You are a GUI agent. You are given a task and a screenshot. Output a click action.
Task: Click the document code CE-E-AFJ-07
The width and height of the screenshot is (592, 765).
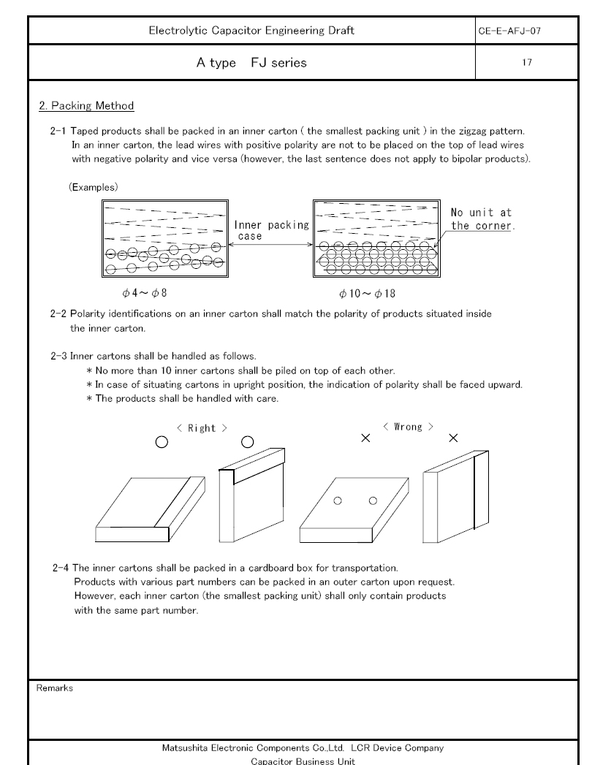(509, 31)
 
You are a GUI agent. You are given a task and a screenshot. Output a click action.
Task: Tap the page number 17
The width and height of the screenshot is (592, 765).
(527, 62)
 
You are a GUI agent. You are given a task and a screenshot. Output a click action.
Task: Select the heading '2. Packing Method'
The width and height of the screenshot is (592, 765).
(86, 106)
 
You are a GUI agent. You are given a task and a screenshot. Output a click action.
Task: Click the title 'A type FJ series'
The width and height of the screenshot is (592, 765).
(251, 63)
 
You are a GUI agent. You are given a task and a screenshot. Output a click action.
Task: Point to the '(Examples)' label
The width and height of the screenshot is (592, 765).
(94, 187)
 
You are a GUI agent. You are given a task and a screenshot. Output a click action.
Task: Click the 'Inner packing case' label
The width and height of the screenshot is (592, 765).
(271, 230)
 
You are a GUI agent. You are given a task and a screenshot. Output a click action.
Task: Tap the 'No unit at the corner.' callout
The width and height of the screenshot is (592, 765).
(482, 219)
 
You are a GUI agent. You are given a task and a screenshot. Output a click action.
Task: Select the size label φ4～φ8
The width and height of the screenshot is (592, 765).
(145, 293)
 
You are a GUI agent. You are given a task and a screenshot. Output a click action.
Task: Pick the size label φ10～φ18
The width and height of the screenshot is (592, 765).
(367, 293)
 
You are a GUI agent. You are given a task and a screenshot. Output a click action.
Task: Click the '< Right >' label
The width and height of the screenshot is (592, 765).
(202, 428)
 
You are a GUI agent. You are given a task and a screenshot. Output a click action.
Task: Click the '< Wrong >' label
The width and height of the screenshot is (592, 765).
(408, 427)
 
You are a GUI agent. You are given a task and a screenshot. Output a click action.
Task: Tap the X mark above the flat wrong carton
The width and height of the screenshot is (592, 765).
(365, 438)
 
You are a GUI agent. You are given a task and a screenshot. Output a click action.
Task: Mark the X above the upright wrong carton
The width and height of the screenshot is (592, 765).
(453, 438)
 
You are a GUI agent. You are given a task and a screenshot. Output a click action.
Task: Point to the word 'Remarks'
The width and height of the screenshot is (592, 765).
(55, 688)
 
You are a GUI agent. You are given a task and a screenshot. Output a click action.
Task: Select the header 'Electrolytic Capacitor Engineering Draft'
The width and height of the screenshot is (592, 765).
(251, 31)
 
